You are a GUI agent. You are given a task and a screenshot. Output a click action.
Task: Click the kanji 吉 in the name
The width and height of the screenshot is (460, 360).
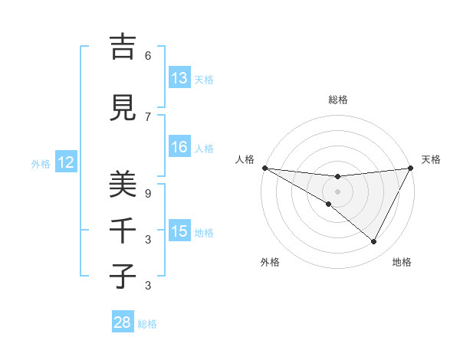pos(123,47)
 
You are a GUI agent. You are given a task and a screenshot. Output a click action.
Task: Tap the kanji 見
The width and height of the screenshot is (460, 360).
pos(123,108)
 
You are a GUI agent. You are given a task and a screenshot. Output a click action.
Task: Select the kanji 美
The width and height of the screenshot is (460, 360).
pos(123,185)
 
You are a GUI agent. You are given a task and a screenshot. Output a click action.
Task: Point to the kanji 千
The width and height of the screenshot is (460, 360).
pos(123,230)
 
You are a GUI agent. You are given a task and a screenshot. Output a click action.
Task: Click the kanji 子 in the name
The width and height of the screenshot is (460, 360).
pos(123,276)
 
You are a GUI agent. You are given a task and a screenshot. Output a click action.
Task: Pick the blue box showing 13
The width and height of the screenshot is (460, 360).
pos(179,78)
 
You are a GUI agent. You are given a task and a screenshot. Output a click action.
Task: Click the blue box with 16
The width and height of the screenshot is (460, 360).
pos(179,147)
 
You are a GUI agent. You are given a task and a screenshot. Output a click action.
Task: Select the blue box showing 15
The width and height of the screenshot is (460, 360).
pos(179,231)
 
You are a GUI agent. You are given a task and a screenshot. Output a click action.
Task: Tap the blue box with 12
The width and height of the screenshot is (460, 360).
pos(66,162)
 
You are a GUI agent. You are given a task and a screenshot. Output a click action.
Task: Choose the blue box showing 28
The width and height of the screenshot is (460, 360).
pos(123,322)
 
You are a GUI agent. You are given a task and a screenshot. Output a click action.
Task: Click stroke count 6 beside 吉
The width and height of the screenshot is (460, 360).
pos(148,56)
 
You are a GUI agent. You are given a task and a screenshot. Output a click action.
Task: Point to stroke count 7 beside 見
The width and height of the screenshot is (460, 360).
pos(148,116)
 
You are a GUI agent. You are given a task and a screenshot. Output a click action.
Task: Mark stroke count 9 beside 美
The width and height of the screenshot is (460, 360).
pos(148,194)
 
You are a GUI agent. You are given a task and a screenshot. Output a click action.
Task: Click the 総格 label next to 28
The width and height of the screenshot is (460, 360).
pos(147,323)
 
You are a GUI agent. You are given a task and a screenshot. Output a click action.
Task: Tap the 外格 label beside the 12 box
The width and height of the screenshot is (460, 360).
pos(41,163)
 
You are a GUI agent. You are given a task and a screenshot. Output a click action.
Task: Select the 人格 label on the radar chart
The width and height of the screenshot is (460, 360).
pos(245,159)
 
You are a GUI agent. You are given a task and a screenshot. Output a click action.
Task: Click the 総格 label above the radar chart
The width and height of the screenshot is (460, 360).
pos(338,100)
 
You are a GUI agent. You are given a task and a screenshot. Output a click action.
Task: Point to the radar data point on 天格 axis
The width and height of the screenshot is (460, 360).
pos(411,168)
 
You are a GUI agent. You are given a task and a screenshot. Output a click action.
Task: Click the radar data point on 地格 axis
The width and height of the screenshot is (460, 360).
pos(374,242)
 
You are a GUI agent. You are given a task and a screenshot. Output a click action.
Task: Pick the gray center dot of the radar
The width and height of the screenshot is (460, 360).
pos(338,191)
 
